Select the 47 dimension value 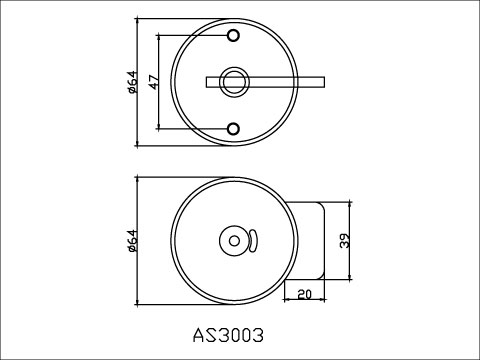pos(153,82)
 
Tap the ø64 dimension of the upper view pos(131,82)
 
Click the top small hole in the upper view pos(234,36)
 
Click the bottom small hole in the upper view pos(234,128)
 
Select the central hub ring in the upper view pos(234,82)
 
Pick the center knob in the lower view pos(233,240)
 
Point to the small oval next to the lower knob pos(253,240)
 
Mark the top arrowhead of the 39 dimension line pos(347,202)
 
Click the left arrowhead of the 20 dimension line pos(286,301)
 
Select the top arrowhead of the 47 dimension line pos(160,37)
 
